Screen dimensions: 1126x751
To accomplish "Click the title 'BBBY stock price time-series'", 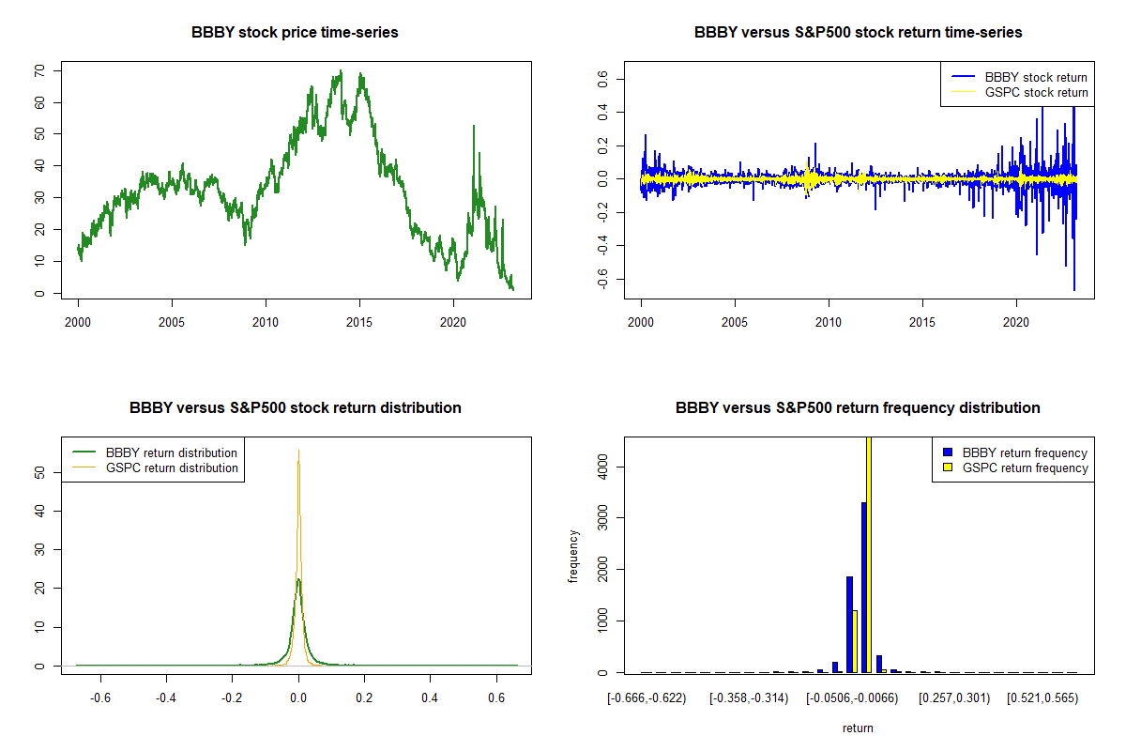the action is pos(295,32).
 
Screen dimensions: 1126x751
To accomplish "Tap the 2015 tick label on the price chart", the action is pos(359,322).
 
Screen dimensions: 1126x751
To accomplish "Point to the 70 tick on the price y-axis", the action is pos(39,70).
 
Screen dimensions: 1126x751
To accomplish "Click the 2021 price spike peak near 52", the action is pos(474,126).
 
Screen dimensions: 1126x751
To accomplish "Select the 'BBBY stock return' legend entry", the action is pos(1019,77).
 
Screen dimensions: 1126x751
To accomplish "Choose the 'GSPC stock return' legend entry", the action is pos(1019,92).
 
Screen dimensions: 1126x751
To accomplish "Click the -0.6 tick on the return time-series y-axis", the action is pos(602,279).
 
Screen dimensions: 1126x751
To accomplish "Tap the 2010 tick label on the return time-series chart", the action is pos(829,322).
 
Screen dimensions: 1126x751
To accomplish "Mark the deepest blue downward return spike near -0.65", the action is pos(1074,290).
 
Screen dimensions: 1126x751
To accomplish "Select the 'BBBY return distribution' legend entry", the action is pos(155,452).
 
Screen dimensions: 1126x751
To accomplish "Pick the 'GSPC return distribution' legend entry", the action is pos(155,467).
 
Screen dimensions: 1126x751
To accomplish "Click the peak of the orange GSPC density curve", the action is pos(298,451).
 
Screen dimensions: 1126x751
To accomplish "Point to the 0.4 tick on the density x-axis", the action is pos(430,697).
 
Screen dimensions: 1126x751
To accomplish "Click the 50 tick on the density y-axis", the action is pos(39,472).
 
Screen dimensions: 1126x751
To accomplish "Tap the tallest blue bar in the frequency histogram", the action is pos(864,587).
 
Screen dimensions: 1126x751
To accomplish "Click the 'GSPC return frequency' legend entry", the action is pos(1015,467).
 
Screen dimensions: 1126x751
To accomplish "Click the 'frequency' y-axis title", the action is pos(573,557).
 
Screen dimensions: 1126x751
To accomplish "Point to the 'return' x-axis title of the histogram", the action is pos(858,728).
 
